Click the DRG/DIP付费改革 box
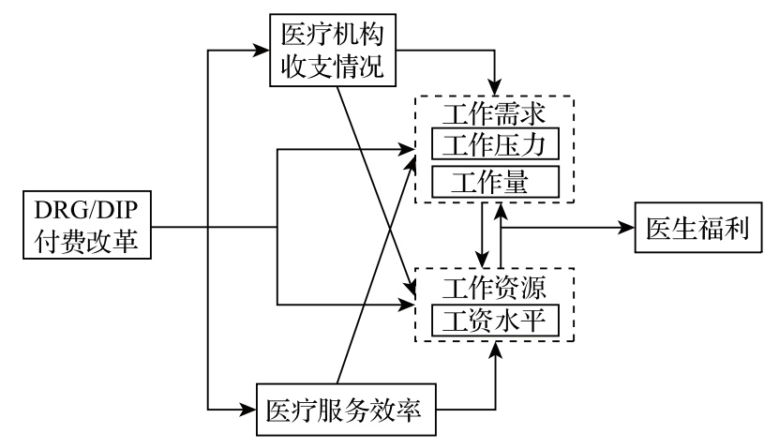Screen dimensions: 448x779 85,226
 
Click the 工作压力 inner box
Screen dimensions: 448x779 494,145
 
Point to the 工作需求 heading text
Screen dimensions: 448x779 494,116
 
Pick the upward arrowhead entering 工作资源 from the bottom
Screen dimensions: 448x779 496,349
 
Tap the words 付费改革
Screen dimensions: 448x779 85,243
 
